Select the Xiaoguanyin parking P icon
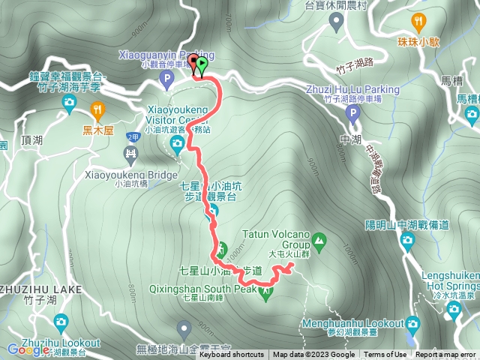point(166,76)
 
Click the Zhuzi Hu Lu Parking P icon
point(353,114)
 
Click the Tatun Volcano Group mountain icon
point(320,241)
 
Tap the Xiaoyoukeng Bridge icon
point(131,156)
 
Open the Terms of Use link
point(385,355)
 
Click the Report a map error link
point(445,355)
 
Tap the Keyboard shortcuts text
point(232,355)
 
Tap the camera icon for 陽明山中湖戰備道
point(407,241)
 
